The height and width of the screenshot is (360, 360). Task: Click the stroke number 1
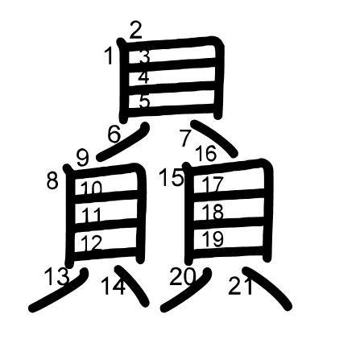109,56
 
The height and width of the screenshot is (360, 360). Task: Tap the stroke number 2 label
136,30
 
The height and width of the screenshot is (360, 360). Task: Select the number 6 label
114,134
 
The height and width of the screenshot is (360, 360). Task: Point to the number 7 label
185,138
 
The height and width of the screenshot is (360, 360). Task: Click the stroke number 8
52,180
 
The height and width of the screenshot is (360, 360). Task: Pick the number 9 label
82,158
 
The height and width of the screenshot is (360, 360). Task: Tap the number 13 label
56,276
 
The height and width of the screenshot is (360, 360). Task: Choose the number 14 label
113,286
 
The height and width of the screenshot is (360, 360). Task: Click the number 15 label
172,177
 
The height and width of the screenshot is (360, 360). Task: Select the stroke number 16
206,153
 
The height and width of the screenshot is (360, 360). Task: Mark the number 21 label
241,286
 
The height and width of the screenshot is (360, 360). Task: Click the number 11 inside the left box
92,215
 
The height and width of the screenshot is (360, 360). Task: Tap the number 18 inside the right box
213,212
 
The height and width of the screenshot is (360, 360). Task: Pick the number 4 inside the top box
143,77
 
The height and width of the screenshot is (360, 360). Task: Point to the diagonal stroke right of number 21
268,288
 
